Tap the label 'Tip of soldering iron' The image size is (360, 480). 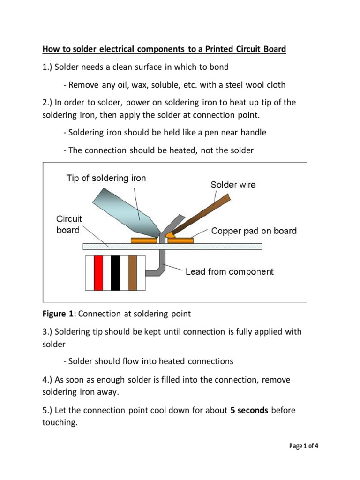(x=106, y=178)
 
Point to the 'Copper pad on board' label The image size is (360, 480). (x=254, y=231)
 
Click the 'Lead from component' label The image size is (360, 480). (x=230, y=272)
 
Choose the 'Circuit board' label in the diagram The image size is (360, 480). (x=69, y=224)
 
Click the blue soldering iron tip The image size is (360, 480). (x=122, y=211)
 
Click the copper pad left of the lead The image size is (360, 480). (x=144, y=240)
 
